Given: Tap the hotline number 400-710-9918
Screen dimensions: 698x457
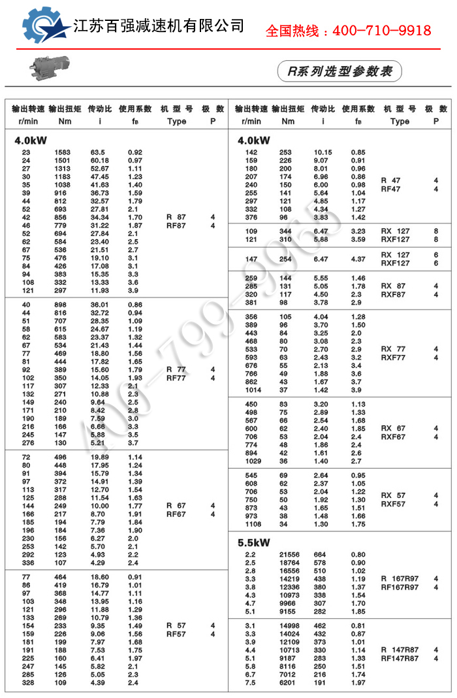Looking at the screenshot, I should coord(348,31).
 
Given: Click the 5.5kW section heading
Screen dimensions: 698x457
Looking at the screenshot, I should coord(254,542).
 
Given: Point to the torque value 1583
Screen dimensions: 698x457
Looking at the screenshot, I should coord(63,152).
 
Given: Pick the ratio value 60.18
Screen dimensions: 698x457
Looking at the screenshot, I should coord(100,161).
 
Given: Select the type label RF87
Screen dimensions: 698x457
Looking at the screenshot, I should coord(176,225).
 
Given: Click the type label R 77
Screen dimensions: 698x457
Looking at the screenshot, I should coord(176,369).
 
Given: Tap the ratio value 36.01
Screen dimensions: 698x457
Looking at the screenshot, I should coord(100,305).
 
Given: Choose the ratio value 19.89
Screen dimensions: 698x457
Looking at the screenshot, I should coord(100,457).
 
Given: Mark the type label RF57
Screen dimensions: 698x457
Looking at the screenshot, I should coord(176,634).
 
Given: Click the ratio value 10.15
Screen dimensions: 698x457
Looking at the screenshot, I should coord(323,152).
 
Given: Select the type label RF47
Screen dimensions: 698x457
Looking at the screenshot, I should coord(391,189).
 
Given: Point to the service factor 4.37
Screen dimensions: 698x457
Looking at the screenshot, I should coord(358,259).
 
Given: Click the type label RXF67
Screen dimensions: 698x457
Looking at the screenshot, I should coord(394,437).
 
